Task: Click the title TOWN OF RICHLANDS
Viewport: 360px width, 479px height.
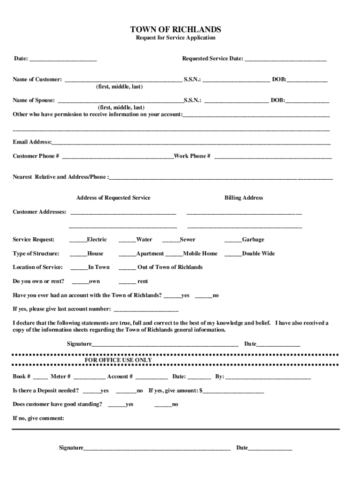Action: click(x=175, y=30)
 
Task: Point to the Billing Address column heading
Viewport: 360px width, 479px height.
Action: click(x=244, y=198)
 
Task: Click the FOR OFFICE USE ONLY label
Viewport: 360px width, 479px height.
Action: click(x=118, y=360)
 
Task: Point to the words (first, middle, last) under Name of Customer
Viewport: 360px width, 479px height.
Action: click(x=119, y=87)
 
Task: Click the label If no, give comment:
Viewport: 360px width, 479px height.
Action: click(x=38, y=418)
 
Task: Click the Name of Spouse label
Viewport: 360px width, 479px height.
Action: click(x=34, y=100)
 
